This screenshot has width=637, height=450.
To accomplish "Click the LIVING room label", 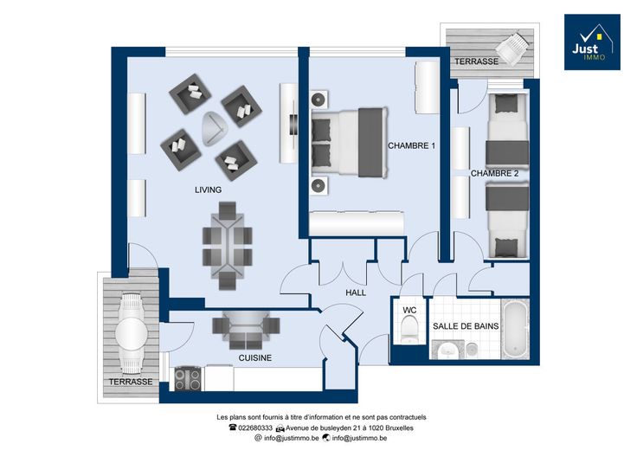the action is click(208, 190).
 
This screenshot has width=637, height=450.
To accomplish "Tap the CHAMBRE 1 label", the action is click(411, 145).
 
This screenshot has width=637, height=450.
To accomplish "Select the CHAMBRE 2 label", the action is click(494, 173).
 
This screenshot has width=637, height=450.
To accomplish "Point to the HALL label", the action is click(356, 292).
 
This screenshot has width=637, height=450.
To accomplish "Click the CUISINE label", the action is click(255, 357).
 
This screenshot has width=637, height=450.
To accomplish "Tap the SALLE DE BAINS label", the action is click(466, 326).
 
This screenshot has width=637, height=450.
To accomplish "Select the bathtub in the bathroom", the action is click(515, 330).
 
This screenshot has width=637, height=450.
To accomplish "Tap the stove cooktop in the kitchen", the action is click(187, 378).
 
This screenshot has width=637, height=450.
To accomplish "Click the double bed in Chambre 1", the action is click(349, 142).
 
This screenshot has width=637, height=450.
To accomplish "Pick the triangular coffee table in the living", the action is click(214, 129).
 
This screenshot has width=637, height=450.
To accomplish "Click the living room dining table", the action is click(227, 247).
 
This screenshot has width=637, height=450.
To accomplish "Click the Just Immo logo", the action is click(592, 42).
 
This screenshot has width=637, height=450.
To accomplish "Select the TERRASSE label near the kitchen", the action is click(131, 382).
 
